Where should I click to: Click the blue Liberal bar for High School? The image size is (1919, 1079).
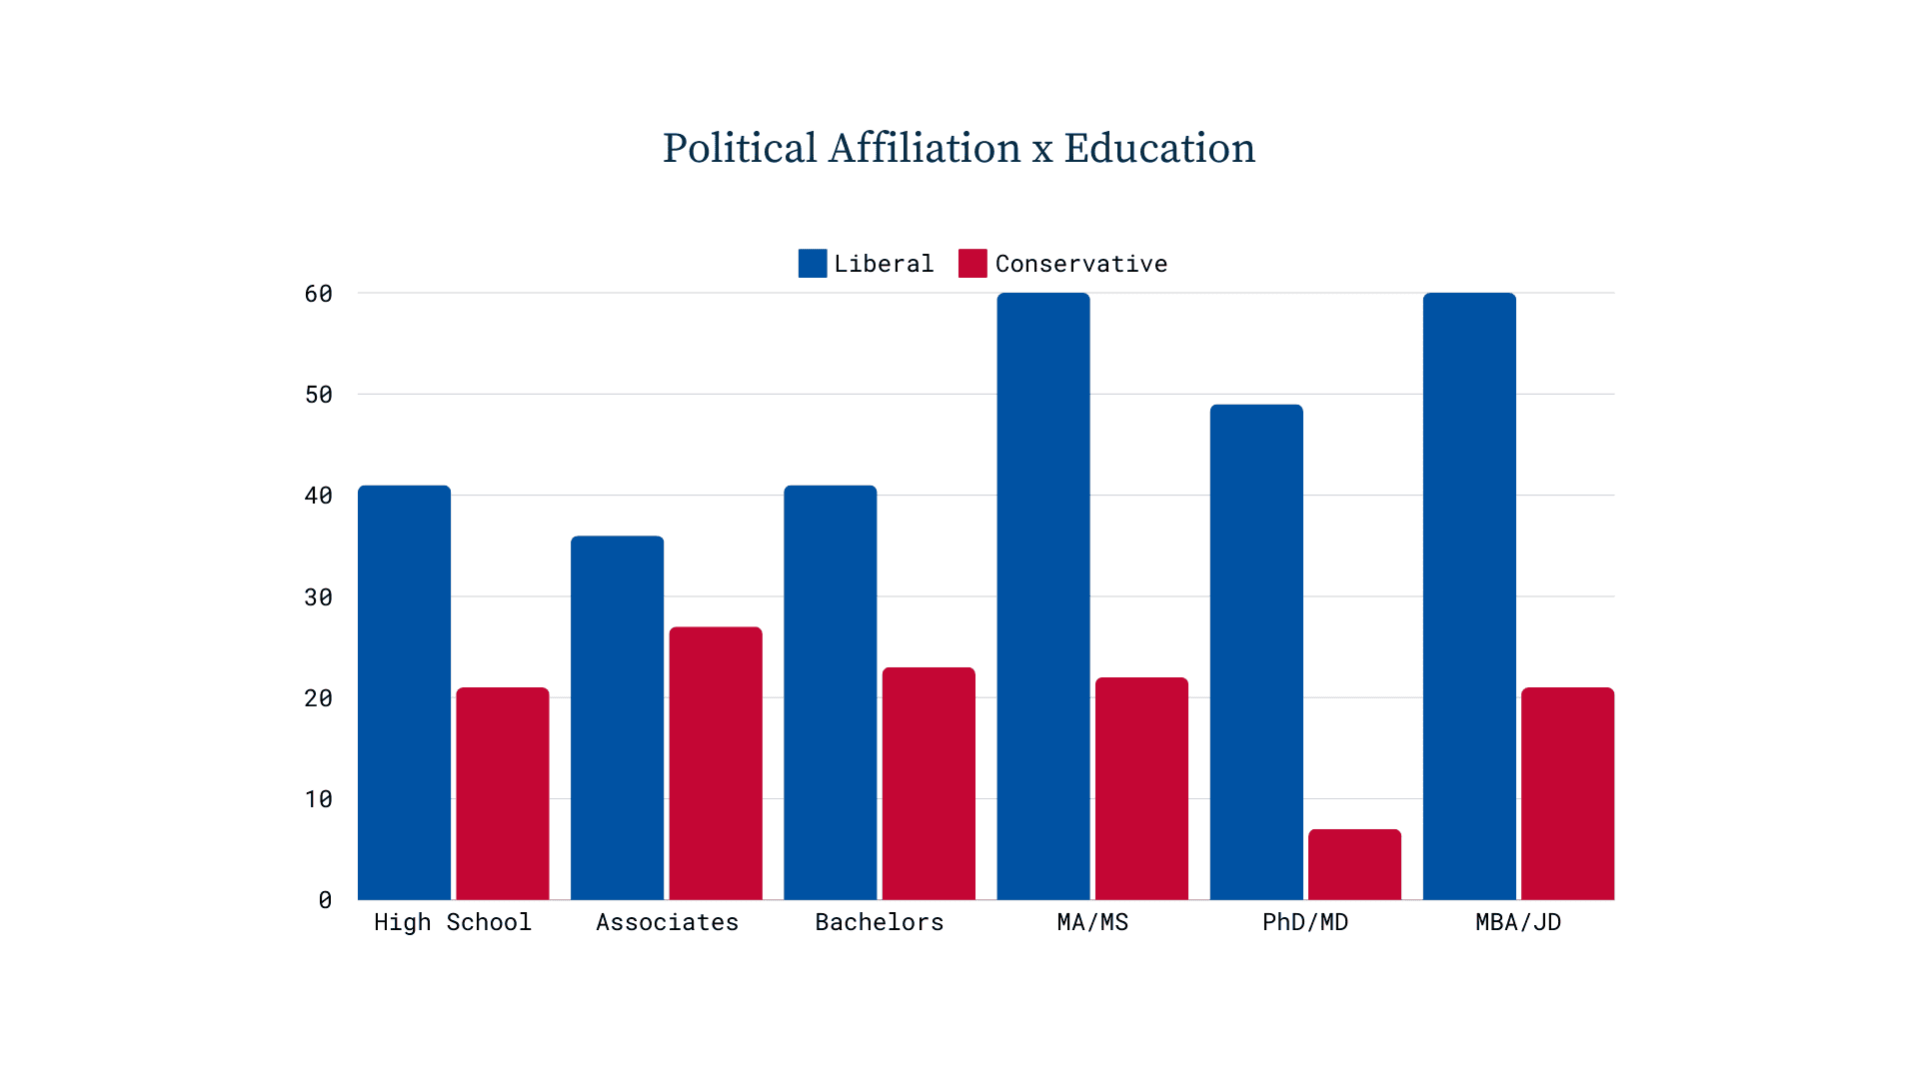pos(404,692)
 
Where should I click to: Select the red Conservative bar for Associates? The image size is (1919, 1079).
pos(716,763)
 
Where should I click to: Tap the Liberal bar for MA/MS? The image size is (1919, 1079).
pos(1042,596)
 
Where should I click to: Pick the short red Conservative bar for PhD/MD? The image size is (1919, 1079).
pos(1354,864)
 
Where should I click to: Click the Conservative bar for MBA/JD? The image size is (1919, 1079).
pos(1567,793)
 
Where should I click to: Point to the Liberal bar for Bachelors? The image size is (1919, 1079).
pos(830,692)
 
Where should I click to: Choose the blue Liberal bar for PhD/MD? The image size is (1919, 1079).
pos(1256,651)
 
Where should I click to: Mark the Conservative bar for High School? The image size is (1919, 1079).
pos(503,793)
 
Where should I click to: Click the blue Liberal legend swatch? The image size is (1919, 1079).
pos(813,263)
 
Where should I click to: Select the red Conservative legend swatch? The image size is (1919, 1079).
pos(972,263)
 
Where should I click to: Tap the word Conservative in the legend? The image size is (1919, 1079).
pos(1080,264)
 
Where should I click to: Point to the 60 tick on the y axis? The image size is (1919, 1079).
pos(319,294)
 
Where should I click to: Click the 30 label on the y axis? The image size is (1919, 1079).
pos(319,597)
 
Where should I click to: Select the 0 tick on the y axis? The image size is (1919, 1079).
pos(325,900)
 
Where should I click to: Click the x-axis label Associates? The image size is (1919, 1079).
pos(667,922)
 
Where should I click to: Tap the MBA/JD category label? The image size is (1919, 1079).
pos(1518,922)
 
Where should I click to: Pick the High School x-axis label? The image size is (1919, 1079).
pos(453,922)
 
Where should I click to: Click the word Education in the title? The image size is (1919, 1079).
pos(1159,149)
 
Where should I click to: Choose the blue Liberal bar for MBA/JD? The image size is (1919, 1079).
pos(1469,596)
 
